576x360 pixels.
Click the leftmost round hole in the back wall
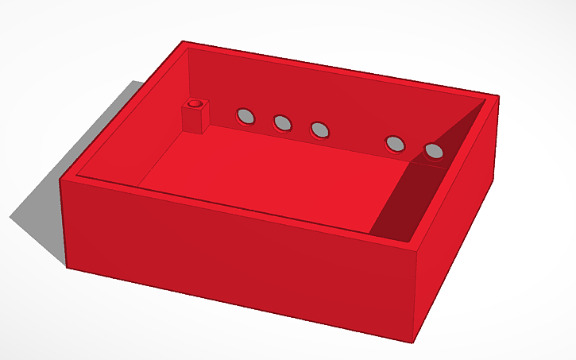(246, 117)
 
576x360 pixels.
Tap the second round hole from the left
(282, 122)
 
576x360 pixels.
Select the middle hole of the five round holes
(319, 129)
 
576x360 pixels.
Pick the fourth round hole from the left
(395, 144)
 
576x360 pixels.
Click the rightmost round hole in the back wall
(434, 150)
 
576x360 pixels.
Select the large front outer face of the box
(238, 254)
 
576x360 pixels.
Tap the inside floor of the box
(270, 175)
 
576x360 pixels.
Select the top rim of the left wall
(119, 111)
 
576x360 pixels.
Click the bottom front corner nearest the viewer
(413, 342)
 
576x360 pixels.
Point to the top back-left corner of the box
(184, 42)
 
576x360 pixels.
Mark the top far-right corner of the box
(497, 97)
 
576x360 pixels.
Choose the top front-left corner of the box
(61, 180)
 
